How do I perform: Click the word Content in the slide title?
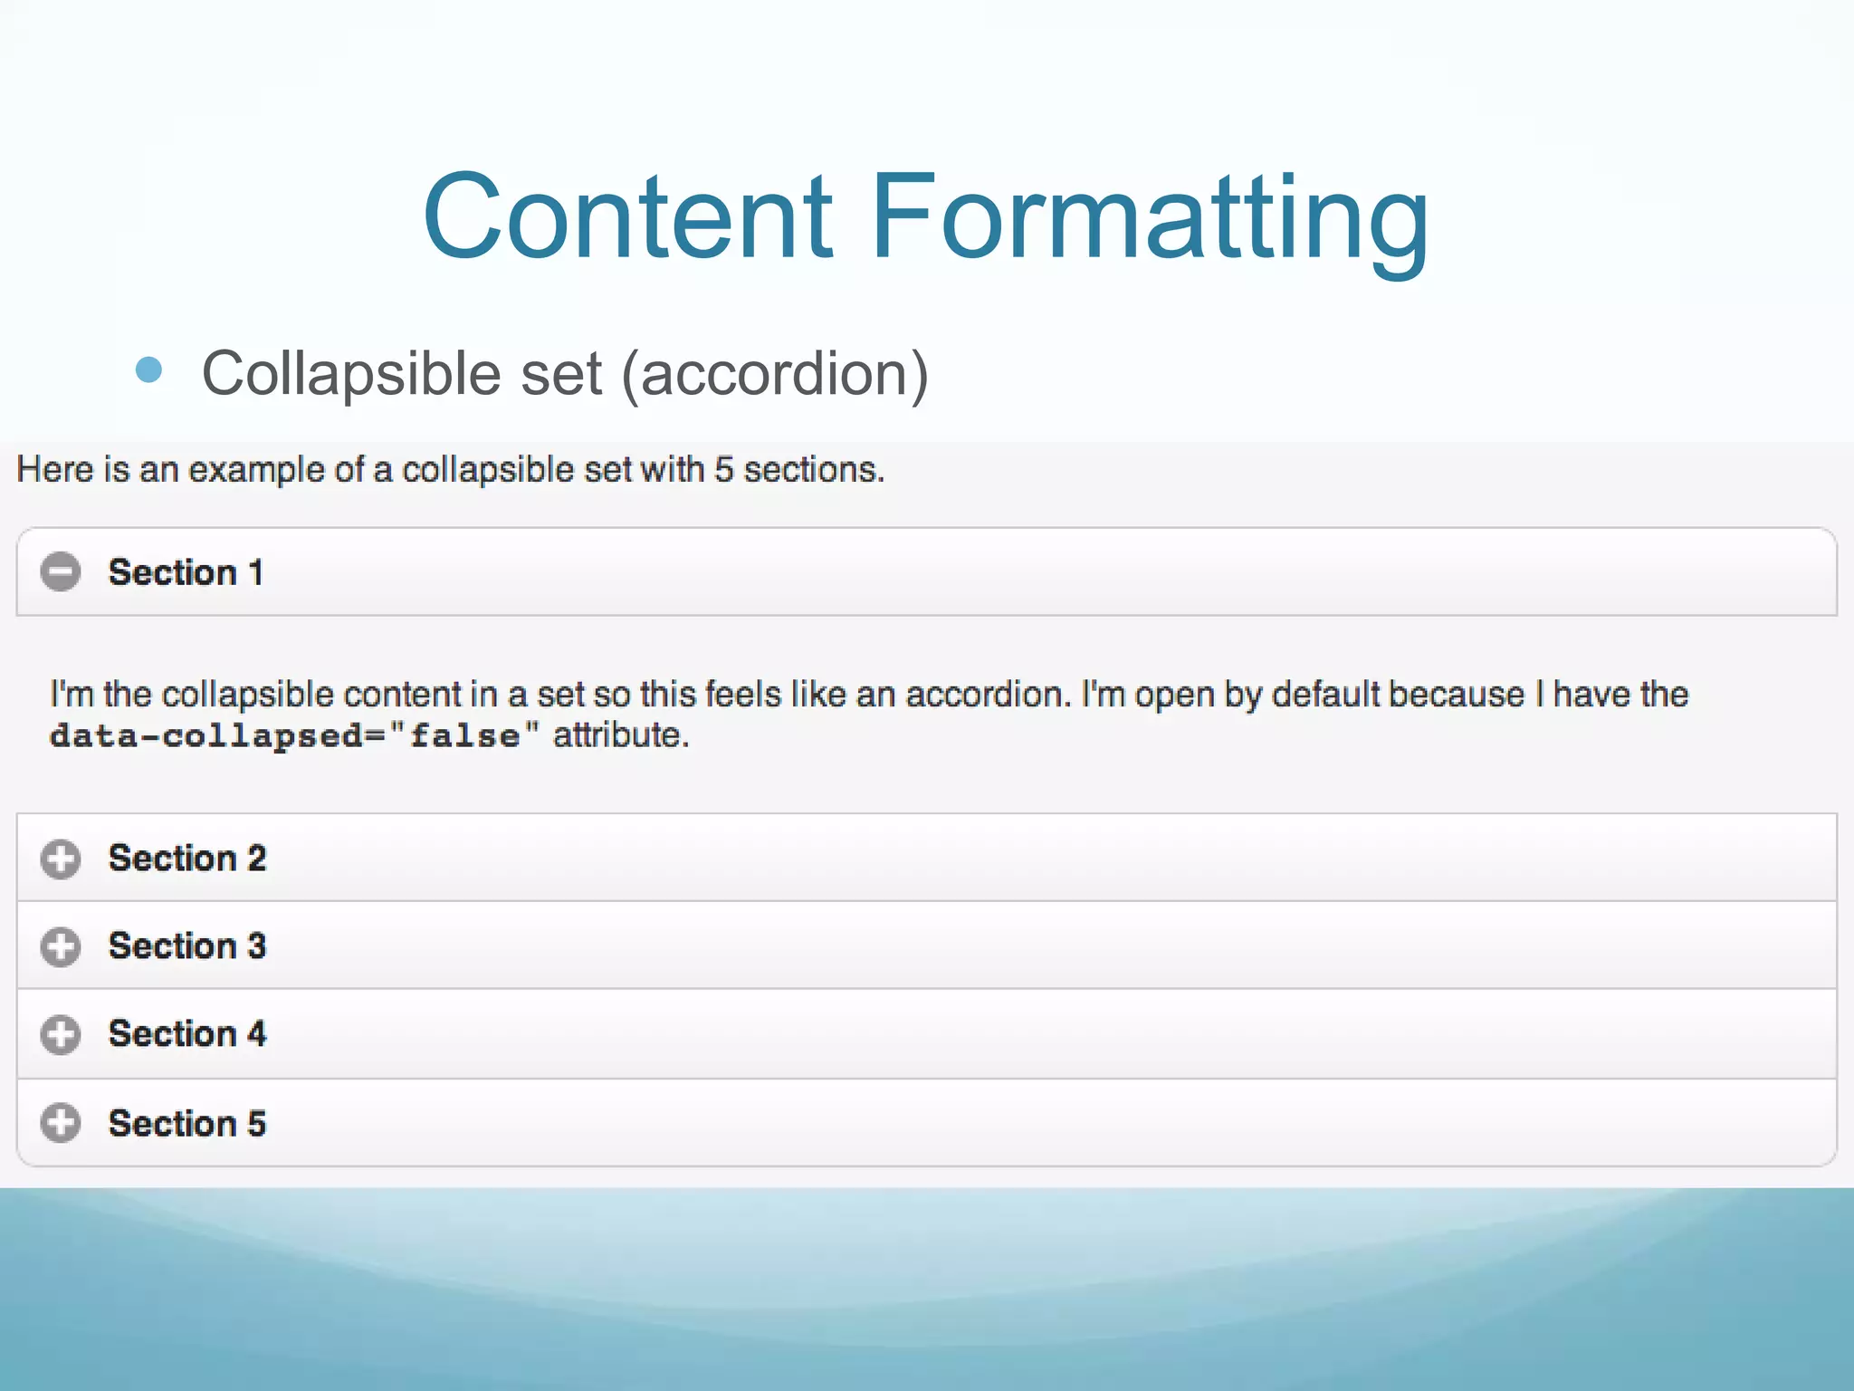pyautogui.click(x=626, y=217)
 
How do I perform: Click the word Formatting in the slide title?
pyautogui.click(x=1150, y=217)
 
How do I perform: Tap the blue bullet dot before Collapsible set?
pyautogui.click(x=148, y=369)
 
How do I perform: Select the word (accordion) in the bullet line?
pyautogui.click(x=775, y=373)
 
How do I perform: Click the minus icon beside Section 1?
pyautogui.click(x=61, y=571)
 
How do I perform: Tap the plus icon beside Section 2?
pyautogui.click(x=61, y=859)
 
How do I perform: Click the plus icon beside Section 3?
pyautogui.click(x=61, y=946)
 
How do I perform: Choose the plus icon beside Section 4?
pyautogui.click(x=61, y=1034)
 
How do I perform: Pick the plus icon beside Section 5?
pyautogui.click(x=61, y=1123)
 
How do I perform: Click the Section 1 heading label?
pyautogui.click(x=186, y=572)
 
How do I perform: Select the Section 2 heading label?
pyautogui.click(x=187, y=859)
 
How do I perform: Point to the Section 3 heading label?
pyautogui.click(x=187, y=946)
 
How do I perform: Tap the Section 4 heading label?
pyautogui.click(x=187, y=1034)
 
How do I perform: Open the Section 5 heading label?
pyautogui.click(x=187, y=1124)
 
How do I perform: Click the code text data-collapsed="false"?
pyautogui.click(x=294, y=735)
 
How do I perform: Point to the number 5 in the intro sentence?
pyautogui.click(x=723, y=470)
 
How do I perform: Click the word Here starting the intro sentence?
pyautogui.click(x=54, y=470)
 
